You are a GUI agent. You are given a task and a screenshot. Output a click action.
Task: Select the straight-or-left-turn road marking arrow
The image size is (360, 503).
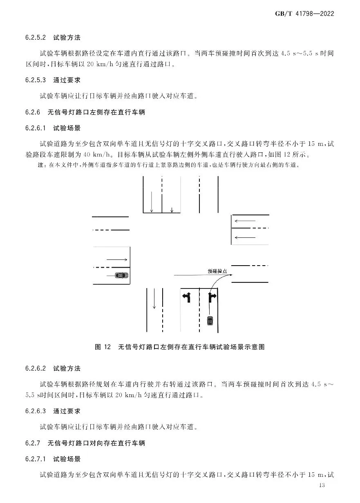[187, 297]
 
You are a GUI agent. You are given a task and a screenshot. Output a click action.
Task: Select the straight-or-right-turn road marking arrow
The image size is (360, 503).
[212, 297]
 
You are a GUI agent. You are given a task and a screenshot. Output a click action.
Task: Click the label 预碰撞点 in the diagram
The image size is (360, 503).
[217, 271]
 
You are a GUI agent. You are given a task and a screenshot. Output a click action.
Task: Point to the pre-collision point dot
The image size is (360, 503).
[232, 275]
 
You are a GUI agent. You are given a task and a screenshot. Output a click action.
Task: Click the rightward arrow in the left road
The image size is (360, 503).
[117, 259]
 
